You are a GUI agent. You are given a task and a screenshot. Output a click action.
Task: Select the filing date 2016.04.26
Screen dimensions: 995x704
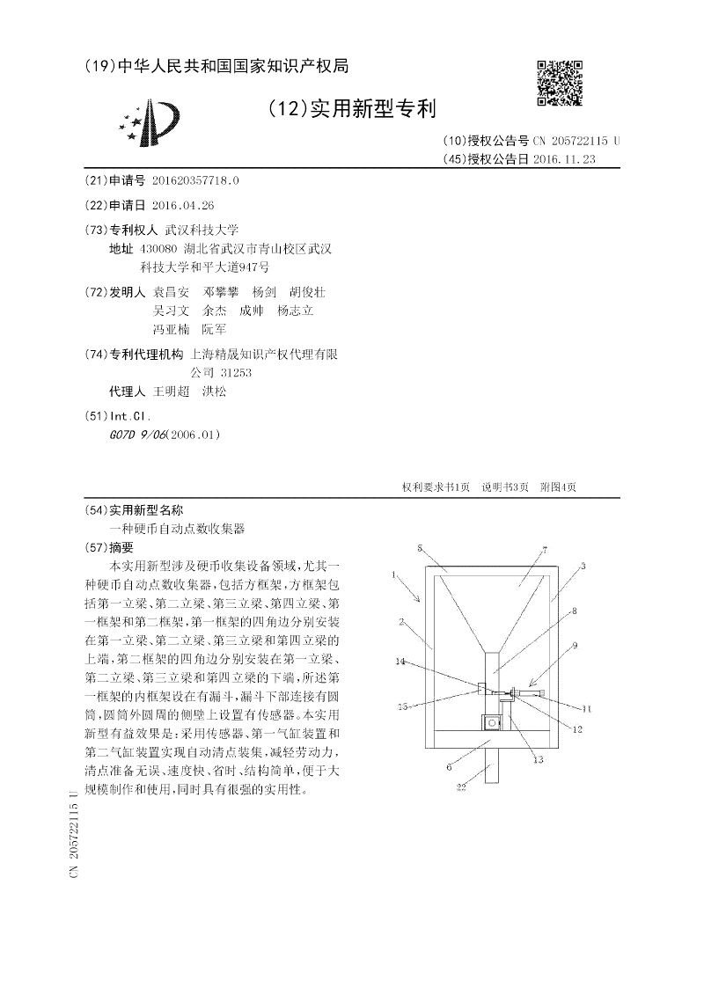183,204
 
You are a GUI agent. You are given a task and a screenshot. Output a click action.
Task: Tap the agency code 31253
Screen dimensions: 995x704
236,372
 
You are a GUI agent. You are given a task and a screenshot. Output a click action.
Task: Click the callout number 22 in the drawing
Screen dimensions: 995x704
460,788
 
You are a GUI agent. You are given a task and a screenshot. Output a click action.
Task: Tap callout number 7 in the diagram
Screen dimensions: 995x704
545,549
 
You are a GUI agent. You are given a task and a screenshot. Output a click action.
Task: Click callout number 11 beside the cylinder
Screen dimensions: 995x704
588,707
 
